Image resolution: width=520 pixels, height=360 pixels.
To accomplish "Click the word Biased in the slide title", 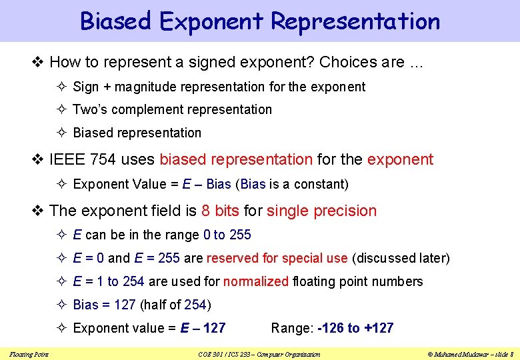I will click(x=116, y=21).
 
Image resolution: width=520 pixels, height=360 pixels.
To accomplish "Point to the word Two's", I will click(x=89, y=109).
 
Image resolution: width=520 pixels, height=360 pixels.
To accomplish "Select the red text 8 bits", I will click(x=220, y=211).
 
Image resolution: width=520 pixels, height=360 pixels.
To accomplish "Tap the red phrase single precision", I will click(x=321, y=211).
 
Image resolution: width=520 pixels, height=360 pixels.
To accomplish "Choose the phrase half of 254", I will click(x=175, y=305).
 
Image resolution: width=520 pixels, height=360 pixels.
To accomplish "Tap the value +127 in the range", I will click(x=378, y=328).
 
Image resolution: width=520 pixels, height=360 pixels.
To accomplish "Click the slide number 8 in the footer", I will click(x=510, y=354).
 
